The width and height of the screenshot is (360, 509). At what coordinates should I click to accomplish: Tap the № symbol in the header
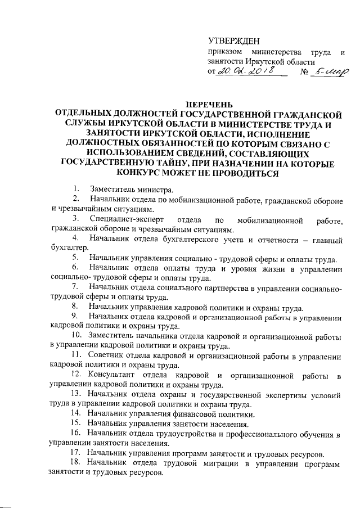(x=306, y=72)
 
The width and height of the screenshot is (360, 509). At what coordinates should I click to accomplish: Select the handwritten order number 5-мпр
(x=332, y=71)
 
